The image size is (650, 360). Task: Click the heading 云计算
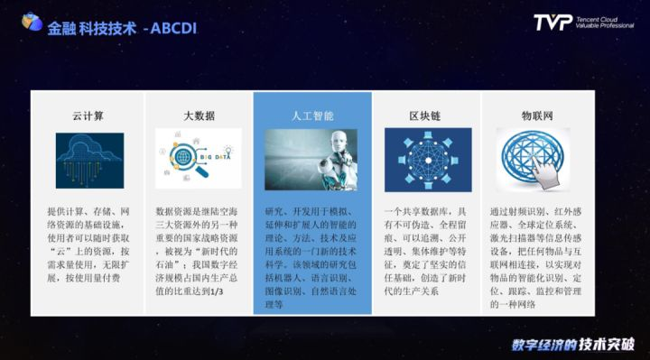click(89, 115)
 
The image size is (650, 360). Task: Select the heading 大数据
click(199, 115)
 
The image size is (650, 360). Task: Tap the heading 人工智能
click(312, 115)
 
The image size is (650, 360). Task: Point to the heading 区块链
click(424, 115)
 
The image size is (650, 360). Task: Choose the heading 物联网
click(537, 115)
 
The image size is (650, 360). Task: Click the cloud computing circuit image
click(89, 160)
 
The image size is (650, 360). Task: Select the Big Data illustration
click(199, 159)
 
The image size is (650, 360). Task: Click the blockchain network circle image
click(424, 160)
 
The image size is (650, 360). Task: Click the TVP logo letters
click(552, 22)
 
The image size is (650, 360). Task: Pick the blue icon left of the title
click(32, 23)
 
